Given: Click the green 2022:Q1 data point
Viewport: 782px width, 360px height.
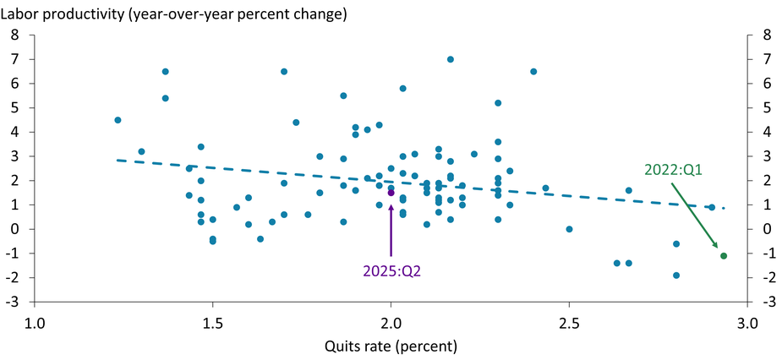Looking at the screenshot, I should click(x=724, y=256).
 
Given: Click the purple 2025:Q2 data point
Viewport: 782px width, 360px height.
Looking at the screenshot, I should click(x=391, y=193).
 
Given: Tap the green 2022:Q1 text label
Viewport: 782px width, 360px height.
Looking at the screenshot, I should click(x=673, y=170).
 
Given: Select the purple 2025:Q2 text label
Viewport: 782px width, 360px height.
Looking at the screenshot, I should click(x=391, y=271).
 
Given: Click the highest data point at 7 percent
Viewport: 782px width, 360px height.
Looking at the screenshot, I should click(x=451, y=59).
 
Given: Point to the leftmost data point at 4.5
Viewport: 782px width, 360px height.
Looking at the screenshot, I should click(x=118, y=120).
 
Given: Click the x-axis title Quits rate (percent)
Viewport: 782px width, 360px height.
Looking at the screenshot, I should click(x=390, y=346).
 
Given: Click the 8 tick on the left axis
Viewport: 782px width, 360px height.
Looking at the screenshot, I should click(x=15, y=35).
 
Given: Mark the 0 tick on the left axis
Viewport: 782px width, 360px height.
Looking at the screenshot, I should click(x=15, y=229).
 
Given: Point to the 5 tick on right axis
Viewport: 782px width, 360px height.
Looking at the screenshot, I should click(x=766, y=108).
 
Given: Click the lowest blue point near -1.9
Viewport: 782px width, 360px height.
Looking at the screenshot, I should click(x=676, y=275).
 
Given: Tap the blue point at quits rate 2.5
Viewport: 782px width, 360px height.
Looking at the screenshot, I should click(x=569, y=229).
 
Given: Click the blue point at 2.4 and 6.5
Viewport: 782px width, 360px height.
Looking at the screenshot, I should click(x=533, y=72).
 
